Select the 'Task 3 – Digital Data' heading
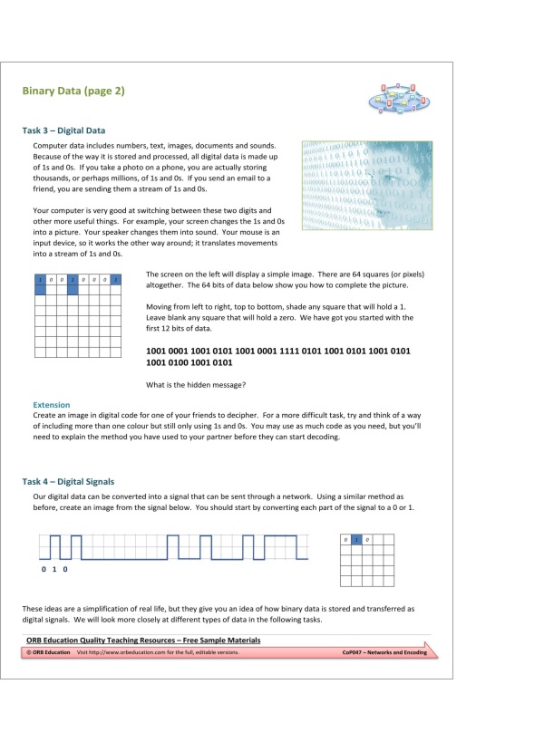63,130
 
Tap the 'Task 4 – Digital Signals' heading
68,481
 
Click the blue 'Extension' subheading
51,405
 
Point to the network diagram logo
395,97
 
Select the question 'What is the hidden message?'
196,385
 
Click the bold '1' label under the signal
54,570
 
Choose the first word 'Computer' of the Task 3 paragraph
51,145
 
